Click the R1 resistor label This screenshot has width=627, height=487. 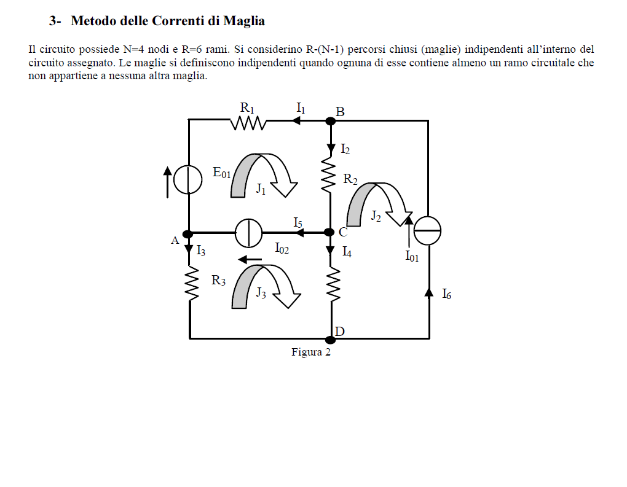click(247, 108)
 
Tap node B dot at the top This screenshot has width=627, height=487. click(330, 120)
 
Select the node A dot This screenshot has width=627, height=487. click(187, 234)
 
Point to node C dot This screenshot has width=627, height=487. click(329, 232)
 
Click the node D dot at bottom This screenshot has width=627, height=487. click(330, 340)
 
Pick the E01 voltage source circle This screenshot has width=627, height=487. click(188, 180)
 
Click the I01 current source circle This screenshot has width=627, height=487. click(427, 231)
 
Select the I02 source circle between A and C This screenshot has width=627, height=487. click(248, 233)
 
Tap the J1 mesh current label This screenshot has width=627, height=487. click(261, 189)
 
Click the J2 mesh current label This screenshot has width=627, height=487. click(376, 216)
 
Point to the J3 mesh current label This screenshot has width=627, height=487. click(261, 293)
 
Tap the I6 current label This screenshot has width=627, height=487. click(447, 294)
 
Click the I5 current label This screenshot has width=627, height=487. click(298, 223)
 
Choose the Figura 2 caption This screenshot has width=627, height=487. click(311, 352)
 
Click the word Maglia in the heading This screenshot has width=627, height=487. click(244, 21)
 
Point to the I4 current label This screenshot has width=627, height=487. click(347, 252)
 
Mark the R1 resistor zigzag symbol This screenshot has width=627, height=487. click(248, 123)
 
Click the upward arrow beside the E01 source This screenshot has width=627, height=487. click(168, 182)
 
